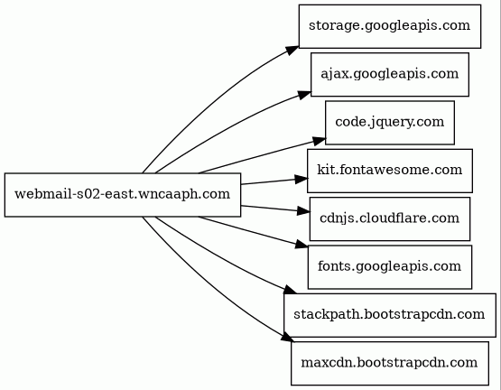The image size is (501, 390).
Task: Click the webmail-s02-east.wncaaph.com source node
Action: (x=123, y=195)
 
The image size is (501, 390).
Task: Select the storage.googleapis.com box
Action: (x=390, y=26)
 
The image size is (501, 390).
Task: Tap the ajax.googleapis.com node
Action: (x=390, y=75)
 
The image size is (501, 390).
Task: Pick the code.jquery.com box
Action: (x=390, y=123)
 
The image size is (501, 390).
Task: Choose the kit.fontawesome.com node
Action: (x=390, y=171)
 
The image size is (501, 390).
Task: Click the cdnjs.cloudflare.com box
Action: (x=390, y=219)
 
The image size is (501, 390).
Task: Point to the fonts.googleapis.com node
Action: (x=390, y=267)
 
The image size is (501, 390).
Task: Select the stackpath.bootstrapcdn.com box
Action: (x=390, y=315)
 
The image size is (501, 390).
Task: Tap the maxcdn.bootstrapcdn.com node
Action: (x=390, y=364)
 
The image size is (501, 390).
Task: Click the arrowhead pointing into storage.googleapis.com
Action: (x=292, y=51)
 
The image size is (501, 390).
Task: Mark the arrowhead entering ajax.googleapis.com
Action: (x=304, y=95)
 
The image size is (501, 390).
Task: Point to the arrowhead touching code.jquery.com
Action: (x=319, y=141)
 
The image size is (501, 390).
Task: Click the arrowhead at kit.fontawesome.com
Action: (x=302, y=179)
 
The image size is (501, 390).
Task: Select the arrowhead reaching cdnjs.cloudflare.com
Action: (x=303, y=211)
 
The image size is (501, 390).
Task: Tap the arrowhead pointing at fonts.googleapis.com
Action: (x=302, y=245)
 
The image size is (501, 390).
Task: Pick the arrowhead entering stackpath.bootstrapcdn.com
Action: (x=290, y=290)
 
